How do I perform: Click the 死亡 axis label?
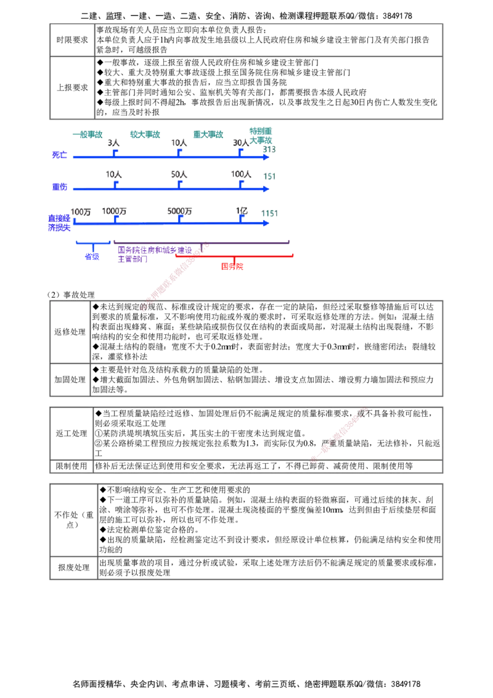59,155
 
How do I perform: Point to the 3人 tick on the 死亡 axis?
114,143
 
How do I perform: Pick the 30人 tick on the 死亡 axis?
240,143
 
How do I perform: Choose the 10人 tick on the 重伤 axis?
113,175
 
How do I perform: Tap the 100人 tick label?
240,175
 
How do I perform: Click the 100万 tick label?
81,211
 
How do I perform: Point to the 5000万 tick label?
180,211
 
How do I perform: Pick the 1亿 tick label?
242,211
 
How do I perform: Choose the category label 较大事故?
145,134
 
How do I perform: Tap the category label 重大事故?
209,134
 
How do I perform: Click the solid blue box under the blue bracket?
92,256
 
